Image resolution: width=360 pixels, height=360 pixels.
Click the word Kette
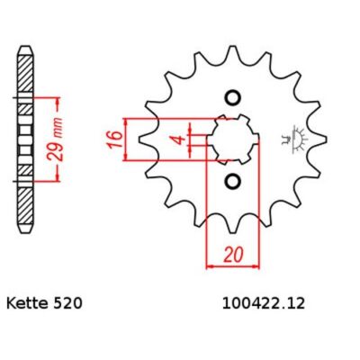tap(27, 303)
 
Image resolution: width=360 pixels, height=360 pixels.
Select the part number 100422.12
tap(264, 303)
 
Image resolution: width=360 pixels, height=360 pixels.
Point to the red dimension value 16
tap(115, 139)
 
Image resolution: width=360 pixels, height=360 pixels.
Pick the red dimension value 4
tap(179, 139)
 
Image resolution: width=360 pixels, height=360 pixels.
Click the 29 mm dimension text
tap(57, 139)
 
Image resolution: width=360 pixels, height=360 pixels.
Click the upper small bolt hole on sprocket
tap(233, 98)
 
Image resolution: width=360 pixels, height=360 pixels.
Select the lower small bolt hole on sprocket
tap(233, 181)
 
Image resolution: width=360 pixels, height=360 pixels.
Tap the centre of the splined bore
tap(233, 139)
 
